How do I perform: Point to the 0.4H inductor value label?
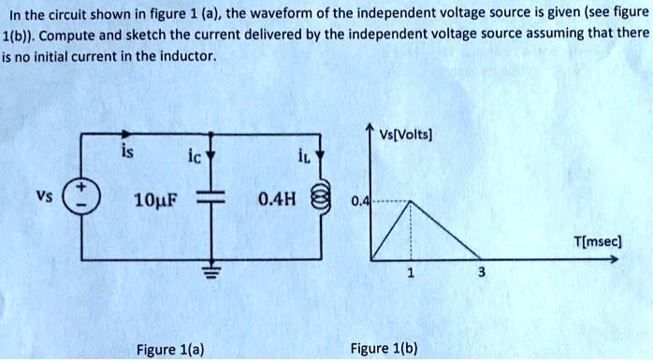click(x=275, y=199)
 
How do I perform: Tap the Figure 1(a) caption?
click(x=171, y=350)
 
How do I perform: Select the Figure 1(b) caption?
click(x=384, y=350)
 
